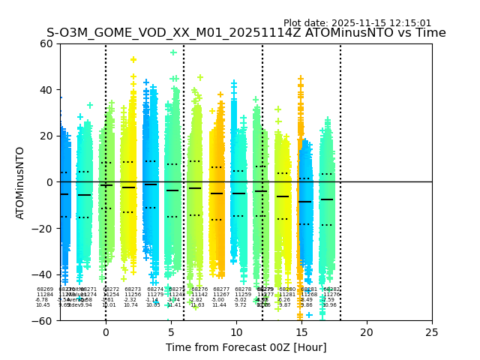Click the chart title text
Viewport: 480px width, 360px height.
click(246, 33)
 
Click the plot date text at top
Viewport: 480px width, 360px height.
click(357, 23)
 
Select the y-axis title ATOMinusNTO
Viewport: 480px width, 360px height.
click(21, 182)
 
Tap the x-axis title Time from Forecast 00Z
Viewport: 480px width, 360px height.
click(246, 347)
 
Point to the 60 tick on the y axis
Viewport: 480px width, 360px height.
click(46, 43)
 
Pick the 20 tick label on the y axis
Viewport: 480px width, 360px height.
click(46, 136)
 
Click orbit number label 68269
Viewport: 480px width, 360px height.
click(45, 289)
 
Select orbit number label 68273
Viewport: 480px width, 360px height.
click(133, 289)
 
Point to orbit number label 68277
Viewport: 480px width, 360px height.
click(221, 289)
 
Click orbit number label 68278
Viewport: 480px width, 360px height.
click(243, 289)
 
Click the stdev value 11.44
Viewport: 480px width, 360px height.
click(219, 305)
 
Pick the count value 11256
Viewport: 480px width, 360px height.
click(133, 295)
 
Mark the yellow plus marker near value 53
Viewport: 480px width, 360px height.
click(133, 59)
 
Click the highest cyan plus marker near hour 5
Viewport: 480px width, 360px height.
click(173, 52)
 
